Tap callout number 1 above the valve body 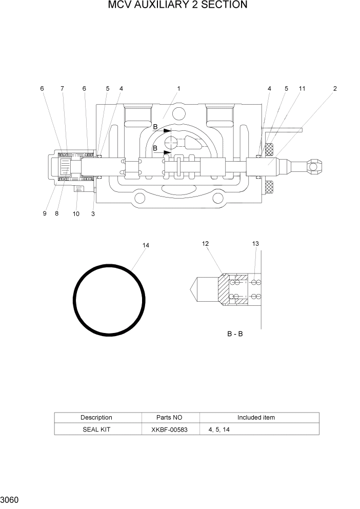click(x=178, y=89)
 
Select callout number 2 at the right click(x=334, y=89)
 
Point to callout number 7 click(x=62, y=89)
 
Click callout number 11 click(x=302, y=89)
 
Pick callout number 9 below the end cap click(x=45, y=213)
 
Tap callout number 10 click(x=76, y=213)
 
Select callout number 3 click(x=93, y=213)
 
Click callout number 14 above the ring click(x=146, y=246)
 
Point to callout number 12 click(x=206, y=244)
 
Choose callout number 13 click(x=255, y=244)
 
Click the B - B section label click(x=235, y=334)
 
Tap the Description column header click(x=96, y=418)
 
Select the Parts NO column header click(x=169, y=418)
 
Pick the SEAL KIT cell click(x=96, y=429)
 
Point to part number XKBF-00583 click(x=170, y=429)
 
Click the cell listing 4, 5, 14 click(x=219, y=429)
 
